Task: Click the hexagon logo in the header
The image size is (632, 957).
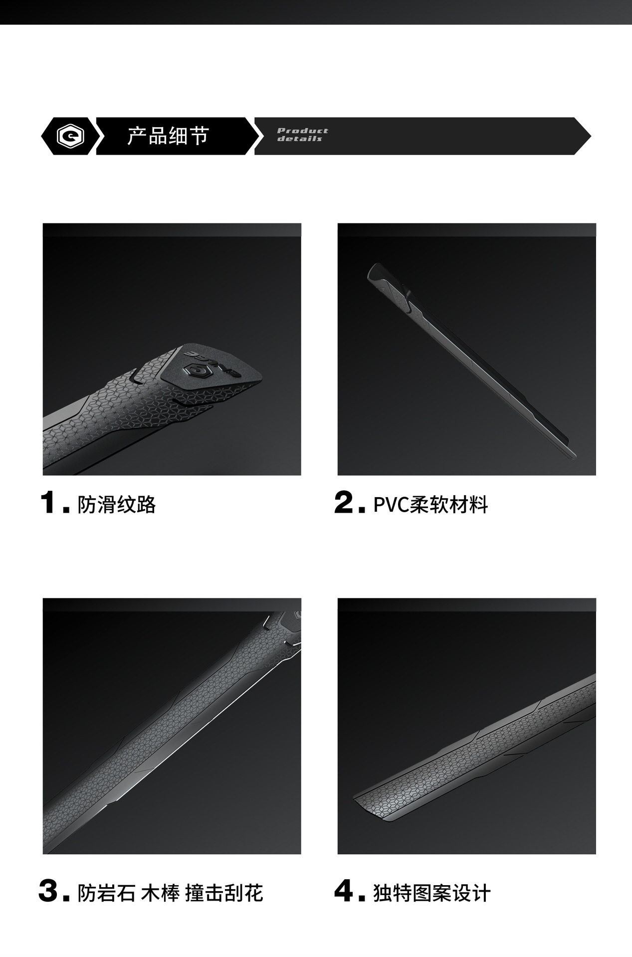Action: [x=70, y=136]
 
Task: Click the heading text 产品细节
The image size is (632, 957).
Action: [x=168, y=136]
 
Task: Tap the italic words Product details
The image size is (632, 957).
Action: [x=303, y=135]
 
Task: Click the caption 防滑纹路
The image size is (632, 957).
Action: [x=117, y=505]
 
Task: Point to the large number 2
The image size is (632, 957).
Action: [x=344, y=502]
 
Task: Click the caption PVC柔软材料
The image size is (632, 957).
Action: [x=430, y=505]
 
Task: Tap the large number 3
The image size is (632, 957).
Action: [x=48, y=891]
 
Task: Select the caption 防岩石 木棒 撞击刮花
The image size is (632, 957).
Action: [x=170, y=893]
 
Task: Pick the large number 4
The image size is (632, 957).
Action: [x=344, y=891]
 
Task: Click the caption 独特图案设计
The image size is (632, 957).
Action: [x=432, y=893]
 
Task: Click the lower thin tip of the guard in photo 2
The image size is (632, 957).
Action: [x=574, y=456]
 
